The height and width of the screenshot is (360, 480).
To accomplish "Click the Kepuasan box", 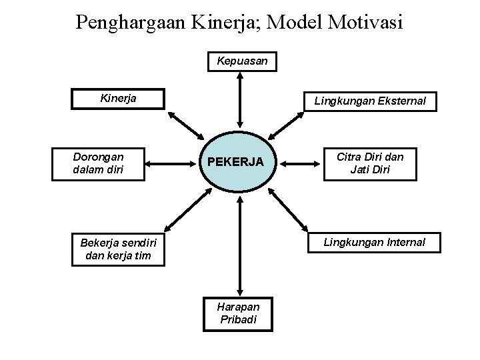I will click(242, 61).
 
